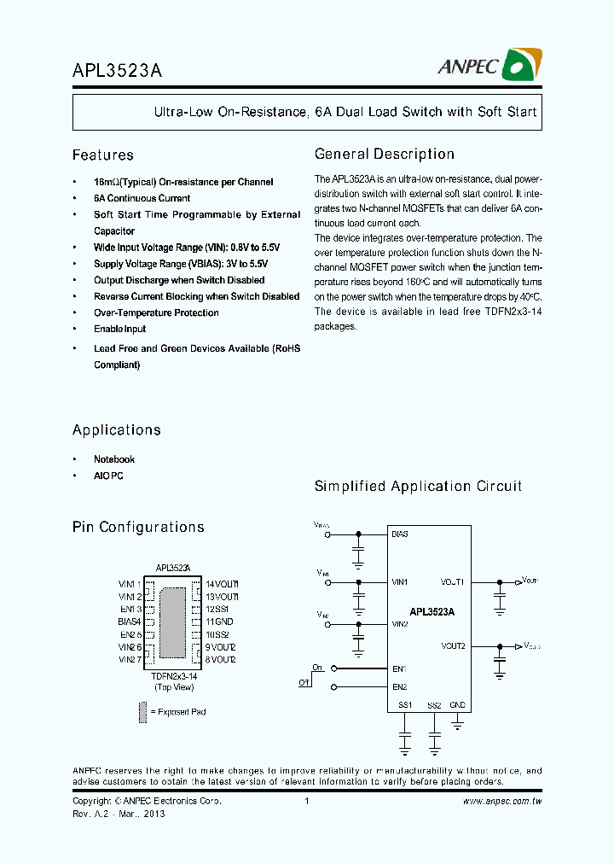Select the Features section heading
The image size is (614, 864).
pyautogui.click(x=103, y=155)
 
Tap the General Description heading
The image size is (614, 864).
pyautogui.click(x=384, y=155)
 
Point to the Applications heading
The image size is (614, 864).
pyautogui.click(x=116, y=430)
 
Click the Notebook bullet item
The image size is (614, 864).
pyautogui.click(x=114, y=459)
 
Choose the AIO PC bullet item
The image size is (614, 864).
pyautogui.click(x=108, y=476)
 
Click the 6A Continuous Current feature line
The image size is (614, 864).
pyautogui.click(x=142, y=198)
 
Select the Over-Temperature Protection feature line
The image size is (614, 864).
pyautogui.click(x=156, y=312)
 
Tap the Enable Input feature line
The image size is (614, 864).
pyautogui.click(x=119, y=329)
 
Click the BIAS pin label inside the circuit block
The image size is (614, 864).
pyautogui.click(x=400, y=534)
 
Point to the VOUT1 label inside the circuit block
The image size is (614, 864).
pyautogui.click(x=452, y=582)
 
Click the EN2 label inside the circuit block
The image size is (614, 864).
pyautogui.click(x=399, y=686)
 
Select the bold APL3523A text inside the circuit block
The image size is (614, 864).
pyautogui.click(x=432, y=612)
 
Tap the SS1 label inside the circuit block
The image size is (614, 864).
pyautogui.click(x=405, y=705)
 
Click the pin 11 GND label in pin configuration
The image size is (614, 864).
pyautogui.click(x=219, y=622)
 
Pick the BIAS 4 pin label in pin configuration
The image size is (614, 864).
pyautogui.click(x=130, y=622)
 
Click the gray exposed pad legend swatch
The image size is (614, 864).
pyautogui.click(x=142, y=711)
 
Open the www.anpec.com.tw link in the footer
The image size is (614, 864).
pyautogui.click(x=502, y=802)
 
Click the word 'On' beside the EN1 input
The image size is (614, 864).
pyautogui.click(x=317, y=668)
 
